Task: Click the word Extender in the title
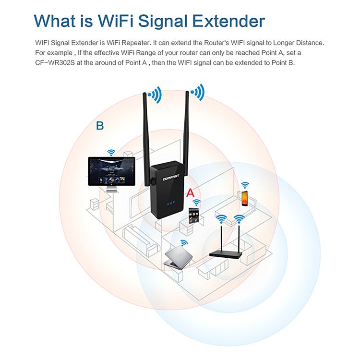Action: click(x=228, y=21)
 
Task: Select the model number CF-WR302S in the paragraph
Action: click(x=55, y=63)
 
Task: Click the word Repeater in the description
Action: click(x=135, y=43)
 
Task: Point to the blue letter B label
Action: click(x=100, y=126)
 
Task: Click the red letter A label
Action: click(x=190, y=193)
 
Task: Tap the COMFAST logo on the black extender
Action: click(x=170, y=178)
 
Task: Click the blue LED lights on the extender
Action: click(x=170, y=203)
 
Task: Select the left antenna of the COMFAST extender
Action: click(x=146, y=139)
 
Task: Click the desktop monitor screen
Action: click(x=111, y=171)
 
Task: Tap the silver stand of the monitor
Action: click(x=112, y=189)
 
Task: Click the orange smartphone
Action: click(x=245, y=198)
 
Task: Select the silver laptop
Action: click(x=178, y=258)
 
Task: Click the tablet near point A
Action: click(x=193, y=216)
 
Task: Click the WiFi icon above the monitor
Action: click(x=111, y=153)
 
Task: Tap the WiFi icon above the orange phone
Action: click(x=245, y=185)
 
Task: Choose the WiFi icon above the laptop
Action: click(x=184, y=243)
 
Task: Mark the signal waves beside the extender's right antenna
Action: click(x=198, y=92)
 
